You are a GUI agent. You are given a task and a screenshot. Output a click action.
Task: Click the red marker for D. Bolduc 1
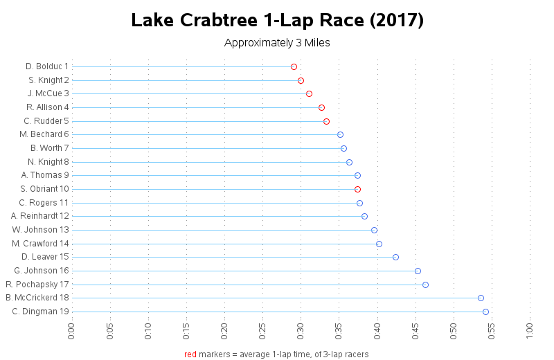coord(294,66)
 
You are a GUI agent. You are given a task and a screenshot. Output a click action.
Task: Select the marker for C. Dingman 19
coord(485,312)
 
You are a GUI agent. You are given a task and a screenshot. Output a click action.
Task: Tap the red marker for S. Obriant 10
coord(357,189)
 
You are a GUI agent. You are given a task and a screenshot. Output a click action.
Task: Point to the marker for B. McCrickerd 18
coord(481,298)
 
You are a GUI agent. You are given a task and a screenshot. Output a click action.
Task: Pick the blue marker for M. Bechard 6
coord(340,134)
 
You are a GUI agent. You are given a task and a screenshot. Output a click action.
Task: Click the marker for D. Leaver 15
coord(395,257)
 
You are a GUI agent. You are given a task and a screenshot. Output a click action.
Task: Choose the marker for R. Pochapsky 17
coord(425,285)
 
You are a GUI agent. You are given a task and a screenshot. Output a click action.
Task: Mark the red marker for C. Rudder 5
coord(326,121)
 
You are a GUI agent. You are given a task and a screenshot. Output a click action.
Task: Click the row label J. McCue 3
coord(48,93)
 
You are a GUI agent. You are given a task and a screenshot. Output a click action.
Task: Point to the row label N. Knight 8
coord(45,162)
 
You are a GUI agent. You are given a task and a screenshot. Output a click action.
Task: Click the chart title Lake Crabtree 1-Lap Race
coord(277,20)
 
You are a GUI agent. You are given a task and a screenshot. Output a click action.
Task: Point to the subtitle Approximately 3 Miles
coord(277,43)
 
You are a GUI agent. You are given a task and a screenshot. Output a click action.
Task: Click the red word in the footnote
coord(190,354)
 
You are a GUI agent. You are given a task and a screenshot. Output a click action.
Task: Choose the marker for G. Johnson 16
coord(418,271)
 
